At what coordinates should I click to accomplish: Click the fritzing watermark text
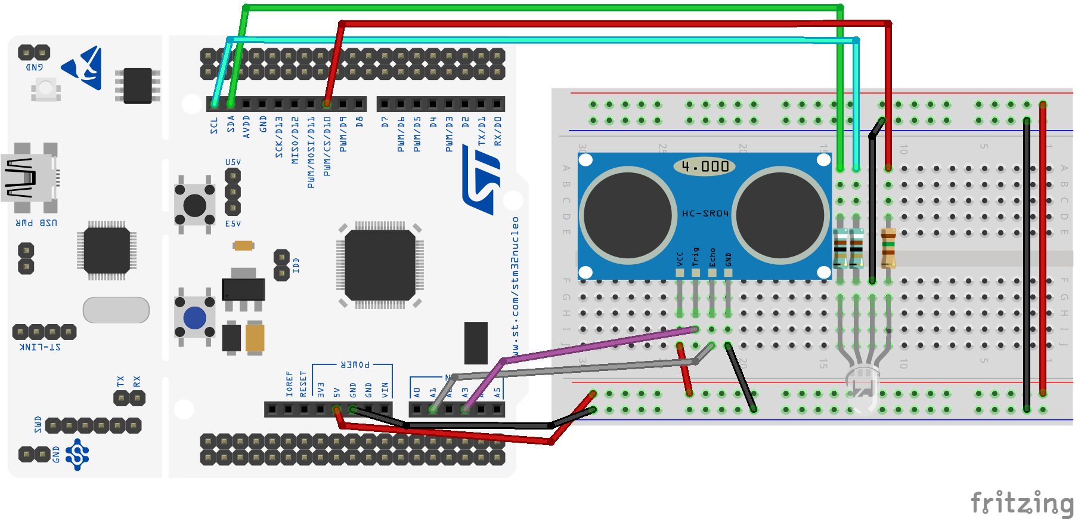pos(1022,502)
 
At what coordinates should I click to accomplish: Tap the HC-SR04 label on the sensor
pos(705,214)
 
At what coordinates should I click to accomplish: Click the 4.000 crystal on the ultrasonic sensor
pos(705,166)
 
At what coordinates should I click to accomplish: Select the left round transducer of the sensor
pos(628,215)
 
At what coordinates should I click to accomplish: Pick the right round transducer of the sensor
pos(780,215)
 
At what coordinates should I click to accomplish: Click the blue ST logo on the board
pos(482,182)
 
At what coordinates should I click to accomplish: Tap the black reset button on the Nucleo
pos(194,205)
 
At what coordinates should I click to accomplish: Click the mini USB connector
pos(27,178)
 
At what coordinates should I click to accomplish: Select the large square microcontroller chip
pos(380,264)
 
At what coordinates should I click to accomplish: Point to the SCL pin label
pos(214,125)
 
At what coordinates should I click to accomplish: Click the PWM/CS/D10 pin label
pos(327,146)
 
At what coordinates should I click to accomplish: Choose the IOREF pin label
pos(290,384)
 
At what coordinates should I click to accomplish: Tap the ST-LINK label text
pos(40,347)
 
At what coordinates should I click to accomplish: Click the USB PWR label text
pos(36,223)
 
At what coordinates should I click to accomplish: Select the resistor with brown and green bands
pos(888,248)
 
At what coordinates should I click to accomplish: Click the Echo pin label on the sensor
pos(712,257)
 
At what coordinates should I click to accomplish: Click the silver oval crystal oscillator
pos(116,310)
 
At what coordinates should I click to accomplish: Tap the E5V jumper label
pos(233,224)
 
